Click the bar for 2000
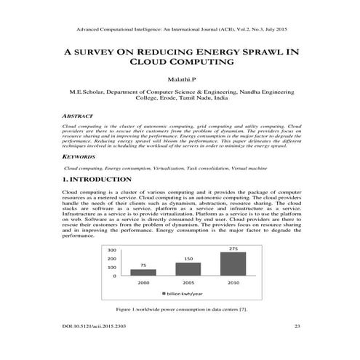click(143, 273)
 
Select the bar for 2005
click(187, 269)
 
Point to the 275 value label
click(233, 249)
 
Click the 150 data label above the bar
click(188, 259)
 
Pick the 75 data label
click(143, 265)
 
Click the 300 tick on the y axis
click(112, 250)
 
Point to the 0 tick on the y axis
click(115, 276)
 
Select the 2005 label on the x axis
click(187, 282)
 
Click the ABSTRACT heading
click(73, 116)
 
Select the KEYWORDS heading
click(75, 156)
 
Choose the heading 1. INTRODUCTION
click(97, 178)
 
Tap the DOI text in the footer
click(95, 327)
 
